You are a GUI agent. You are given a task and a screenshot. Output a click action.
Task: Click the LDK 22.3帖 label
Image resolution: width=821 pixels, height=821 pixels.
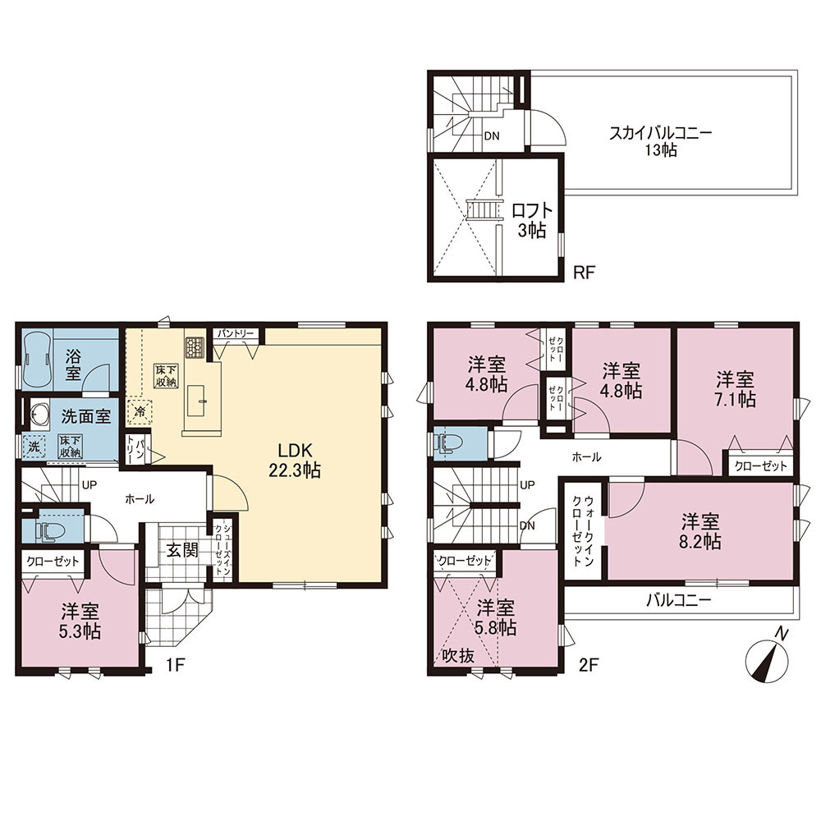tap(294, 460)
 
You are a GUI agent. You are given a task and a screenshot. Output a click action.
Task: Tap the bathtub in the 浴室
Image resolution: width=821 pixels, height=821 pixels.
tap(36, 360)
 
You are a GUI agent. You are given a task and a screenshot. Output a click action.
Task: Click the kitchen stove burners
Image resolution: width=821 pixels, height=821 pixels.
tap(195, 346)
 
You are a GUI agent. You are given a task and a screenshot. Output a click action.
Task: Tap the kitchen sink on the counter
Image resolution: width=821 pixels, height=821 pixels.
tap(196, 401)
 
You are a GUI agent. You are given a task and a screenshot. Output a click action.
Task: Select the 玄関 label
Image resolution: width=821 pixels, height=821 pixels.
tap(182, 550)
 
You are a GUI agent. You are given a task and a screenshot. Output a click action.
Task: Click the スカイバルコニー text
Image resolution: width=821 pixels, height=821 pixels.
tap(660, 132)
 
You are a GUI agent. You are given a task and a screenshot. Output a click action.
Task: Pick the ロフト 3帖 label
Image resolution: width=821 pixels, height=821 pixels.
tap(532, 220)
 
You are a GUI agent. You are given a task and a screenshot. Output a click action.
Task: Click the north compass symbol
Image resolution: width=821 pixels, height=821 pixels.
tap(767, 660)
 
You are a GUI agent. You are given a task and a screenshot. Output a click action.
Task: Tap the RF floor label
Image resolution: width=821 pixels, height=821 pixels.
tap(585, 273)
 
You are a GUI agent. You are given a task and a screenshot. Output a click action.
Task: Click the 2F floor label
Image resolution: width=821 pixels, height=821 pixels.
tap(589, 665)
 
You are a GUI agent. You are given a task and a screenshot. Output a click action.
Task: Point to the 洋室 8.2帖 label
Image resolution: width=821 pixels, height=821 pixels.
tap(700, 531)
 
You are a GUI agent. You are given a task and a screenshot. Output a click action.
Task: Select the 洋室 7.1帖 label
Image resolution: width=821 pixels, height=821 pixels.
tap(735, 389)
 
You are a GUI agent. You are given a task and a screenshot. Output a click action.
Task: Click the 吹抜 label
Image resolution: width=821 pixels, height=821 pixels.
tap(458, 655)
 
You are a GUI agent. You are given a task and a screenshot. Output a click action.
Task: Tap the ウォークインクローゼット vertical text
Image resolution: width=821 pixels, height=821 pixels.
tap(583, 531)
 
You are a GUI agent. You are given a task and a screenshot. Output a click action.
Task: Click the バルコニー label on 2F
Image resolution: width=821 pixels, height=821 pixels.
tap(679, 600)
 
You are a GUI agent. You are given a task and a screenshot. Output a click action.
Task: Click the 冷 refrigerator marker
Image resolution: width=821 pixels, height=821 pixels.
tap(140, 411)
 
